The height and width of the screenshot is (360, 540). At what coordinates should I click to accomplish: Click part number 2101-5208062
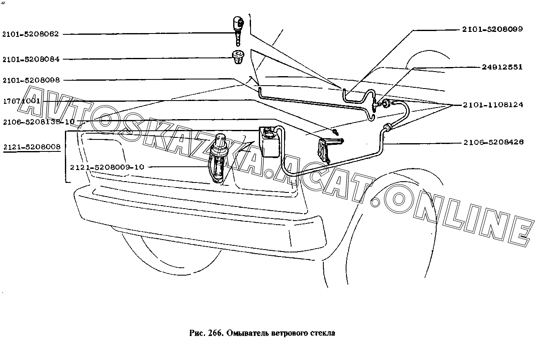click(x=31, y=34)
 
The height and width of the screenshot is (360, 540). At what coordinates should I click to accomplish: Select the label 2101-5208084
click(x=31, y=59)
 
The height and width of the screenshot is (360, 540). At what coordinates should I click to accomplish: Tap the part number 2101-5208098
click(x=31, y=80)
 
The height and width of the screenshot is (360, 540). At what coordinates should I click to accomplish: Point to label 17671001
click(x=21, y=101)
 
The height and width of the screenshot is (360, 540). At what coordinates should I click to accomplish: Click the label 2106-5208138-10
click(x=38, y=122)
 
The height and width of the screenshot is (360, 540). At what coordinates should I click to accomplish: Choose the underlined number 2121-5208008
click(x=31, y=146)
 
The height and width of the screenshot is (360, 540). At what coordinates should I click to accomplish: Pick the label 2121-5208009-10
click(x=107, y=167)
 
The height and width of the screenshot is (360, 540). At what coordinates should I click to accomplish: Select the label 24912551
click(x=502, y=67)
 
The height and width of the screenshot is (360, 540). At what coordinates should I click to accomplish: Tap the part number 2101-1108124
click(x=492, y=105)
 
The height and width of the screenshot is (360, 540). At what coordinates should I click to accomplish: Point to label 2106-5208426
click(x=493, y=142)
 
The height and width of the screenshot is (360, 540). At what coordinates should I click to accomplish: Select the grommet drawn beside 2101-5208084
click(x=238, y=57)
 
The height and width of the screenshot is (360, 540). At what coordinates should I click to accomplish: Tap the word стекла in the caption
click(x=323, y=333)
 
